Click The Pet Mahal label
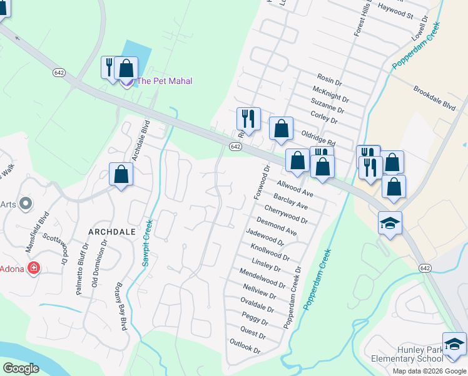(x=164, y=81)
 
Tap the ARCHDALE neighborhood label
(x=112, y=231)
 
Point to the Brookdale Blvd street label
(x=434, y=98)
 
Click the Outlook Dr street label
(x=245, y=346)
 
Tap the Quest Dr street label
(x=253, y=333)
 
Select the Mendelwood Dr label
(x=262, y=279)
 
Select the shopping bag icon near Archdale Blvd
(x=121, y=175)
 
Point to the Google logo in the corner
(x=21, y=368)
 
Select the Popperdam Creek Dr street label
(x=292, y=297)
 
